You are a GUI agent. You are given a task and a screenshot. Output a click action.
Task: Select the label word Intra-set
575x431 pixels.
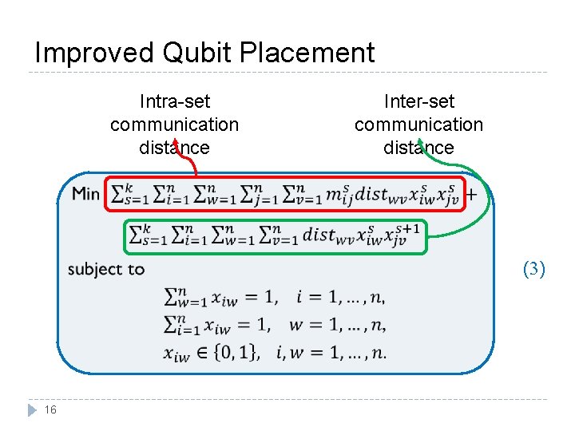point(174,101)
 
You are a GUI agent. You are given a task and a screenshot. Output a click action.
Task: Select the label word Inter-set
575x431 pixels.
point(418,101)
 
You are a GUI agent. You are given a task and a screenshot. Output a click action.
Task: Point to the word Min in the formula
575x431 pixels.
point(86,194)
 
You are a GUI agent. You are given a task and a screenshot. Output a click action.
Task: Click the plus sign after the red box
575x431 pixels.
point(472,194)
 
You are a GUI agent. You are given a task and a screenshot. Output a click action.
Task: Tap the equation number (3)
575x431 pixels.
point(533,269)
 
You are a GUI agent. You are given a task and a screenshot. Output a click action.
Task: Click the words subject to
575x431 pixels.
point(106,269)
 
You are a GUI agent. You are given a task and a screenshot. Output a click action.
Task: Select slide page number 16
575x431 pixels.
point(51,409)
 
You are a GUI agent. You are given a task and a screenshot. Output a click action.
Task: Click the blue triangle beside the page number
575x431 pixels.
point(32,409)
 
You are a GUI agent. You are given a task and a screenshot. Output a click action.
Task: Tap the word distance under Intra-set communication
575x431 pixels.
point(174,148)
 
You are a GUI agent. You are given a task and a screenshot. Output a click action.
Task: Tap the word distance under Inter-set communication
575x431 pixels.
point(418,148)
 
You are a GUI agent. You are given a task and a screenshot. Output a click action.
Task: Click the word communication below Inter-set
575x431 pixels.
point(418,125)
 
